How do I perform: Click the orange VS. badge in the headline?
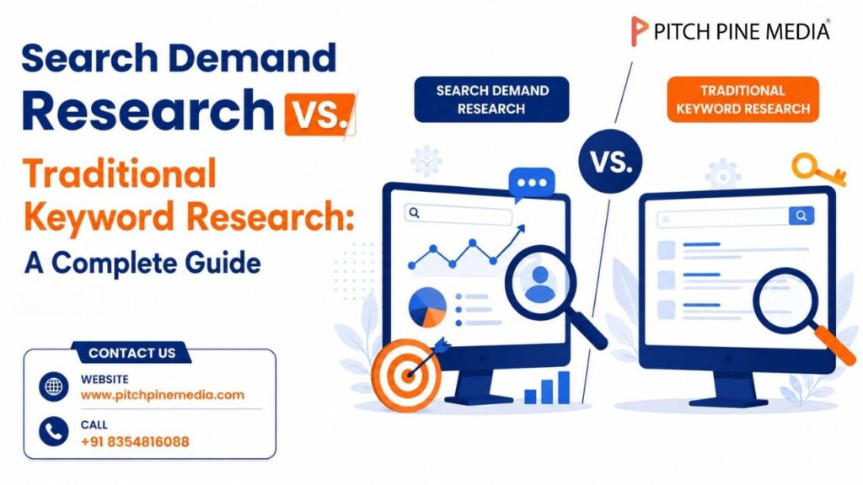319,114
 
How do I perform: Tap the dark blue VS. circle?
610,161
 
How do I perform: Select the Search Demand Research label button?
491,99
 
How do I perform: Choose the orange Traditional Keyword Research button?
743,99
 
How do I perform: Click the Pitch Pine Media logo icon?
639,31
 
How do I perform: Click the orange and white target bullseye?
407,376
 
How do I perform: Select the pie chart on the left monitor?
427,306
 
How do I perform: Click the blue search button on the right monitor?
801,216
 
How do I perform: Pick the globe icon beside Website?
53,386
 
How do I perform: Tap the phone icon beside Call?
53,432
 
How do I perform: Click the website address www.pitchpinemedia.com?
163,395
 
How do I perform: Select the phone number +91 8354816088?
135,441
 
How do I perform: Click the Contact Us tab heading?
132,353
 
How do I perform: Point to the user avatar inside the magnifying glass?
540,284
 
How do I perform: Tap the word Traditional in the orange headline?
120,173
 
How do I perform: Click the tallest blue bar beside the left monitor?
564,387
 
